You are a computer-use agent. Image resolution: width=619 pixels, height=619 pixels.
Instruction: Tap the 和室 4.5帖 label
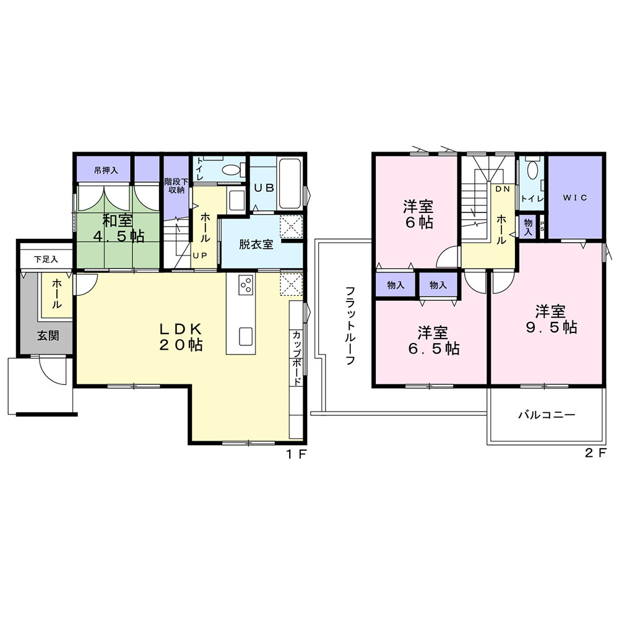[x=119, y=227]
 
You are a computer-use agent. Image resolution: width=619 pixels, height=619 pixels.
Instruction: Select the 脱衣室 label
[x=256, y=244]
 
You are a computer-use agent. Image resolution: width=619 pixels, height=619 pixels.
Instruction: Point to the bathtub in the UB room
[x=290, y=183]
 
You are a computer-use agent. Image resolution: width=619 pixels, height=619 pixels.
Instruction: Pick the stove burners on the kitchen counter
[x=246, y=286]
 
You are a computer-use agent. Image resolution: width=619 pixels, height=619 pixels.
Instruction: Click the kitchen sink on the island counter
[x=246, y=336]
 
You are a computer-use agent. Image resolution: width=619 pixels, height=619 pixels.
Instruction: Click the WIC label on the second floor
[x=574, y=197]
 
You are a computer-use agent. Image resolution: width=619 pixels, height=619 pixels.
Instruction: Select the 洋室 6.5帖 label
[x=433, y=340]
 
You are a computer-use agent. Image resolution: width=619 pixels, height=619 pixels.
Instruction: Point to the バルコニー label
[x=546, y=415]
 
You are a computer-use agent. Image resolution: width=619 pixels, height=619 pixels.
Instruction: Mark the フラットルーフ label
[x=350, y=326]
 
